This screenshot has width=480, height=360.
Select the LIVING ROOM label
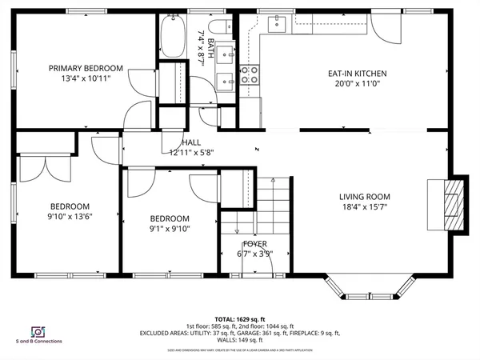tap(364, 196)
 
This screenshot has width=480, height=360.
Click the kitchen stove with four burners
tap(250, 74)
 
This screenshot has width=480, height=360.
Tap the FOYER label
tap(255, 244)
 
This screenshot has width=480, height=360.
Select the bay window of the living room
tap(374, 286)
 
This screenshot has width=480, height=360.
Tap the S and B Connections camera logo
tap(37, 332)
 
